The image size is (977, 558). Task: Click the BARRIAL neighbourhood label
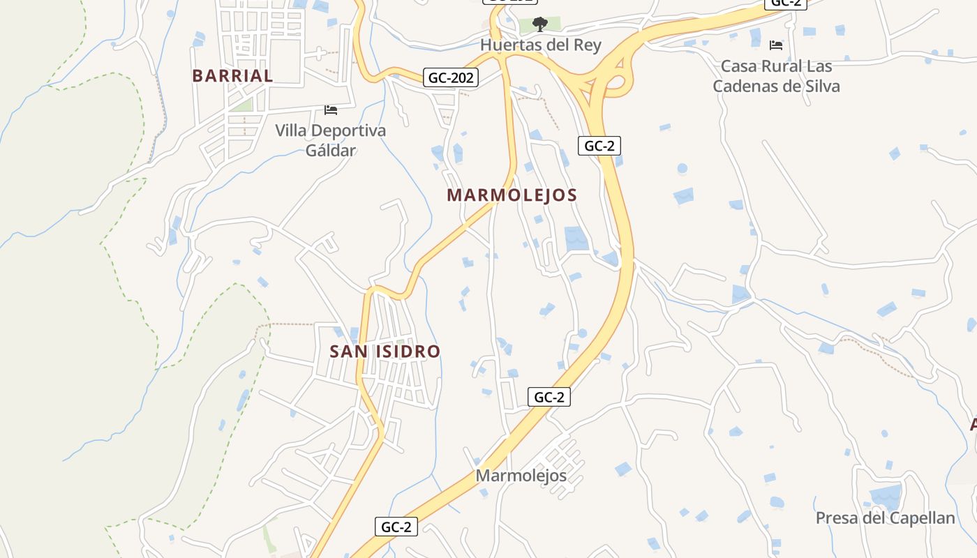232,76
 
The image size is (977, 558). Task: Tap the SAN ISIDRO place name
385,352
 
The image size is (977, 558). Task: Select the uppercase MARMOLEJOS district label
512,195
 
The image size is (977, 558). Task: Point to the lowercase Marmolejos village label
521,476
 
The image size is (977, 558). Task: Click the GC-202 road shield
451,77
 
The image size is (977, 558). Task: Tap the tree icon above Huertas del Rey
539,25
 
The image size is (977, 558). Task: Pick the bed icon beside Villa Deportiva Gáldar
331,110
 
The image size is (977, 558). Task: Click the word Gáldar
331,150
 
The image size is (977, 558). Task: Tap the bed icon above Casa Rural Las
776,46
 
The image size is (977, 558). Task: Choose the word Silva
820,86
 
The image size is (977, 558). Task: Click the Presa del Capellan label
885,518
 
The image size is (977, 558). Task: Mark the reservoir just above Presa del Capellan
886,497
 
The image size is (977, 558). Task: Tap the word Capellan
922,518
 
